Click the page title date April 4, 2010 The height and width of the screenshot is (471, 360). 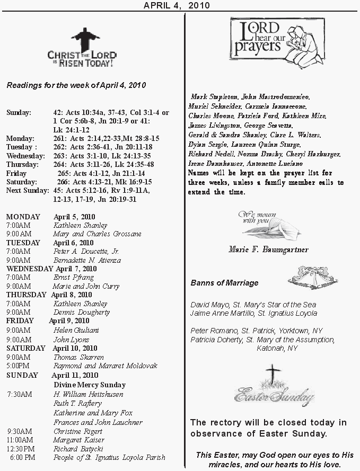tap(177, 5)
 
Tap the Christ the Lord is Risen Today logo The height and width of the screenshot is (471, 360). tap(82, 48)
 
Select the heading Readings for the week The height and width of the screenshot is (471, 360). tap(76, 85)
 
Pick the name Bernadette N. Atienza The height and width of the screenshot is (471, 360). tap(87, 260)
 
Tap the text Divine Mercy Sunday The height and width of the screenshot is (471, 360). tap(89, 385)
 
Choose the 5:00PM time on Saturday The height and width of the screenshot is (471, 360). tap(18, 366)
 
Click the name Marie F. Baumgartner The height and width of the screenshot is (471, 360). tap(268, 249)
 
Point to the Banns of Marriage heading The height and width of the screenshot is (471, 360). tap(224, 283)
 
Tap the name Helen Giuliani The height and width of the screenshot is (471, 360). tap(76, 330)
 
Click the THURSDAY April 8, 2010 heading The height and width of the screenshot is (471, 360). tap(49, 295)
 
